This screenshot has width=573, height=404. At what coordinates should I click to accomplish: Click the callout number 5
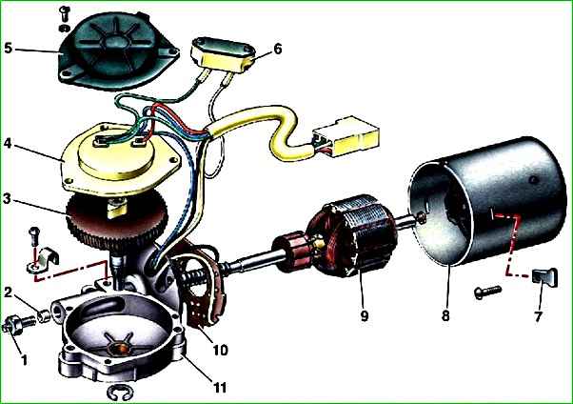(x=8, y=48)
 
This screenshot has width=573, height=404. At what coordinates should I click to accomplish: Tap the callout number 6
(x=278, y=49)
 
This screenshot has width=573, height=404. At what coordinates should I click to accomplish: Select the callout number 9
(x=364, y=315)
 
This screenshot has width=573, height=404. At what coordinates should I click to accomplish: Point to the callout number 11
(x=220, y=387)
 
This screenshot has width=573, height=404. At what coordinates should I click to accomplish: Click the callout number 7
(x=537, y=316)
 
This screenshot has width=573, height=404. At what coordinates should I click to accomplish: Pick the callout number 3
(x=8, y=199)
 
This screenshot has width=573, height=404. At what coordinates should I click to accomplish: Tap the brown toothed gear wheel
(x=117, y=221)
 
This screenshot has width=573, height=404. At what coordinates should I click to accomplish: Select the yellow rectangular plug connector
(x=346, y=136)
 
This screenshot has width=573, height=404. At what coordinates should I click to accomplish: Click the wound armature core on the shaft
(x=352, y=236)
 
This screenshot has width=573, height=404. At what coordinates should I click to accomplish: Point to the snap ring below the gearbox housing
(x=120, y=394)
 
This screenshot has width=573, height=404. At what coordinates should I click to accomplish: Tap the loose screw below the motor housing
(x=487, y=292)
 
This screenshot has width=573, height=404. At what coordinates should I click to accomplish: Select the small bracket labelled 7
(x=545, y=278)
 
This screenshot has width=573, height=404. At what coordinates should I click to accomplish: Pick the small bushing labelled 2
(x=44, y=315)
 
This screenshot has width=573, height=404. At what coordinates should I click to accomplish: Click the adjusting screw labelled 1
(x=17, y=324)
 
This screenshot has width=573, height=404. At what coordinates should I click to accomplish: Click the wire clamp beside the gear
(x=45, y=259)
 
